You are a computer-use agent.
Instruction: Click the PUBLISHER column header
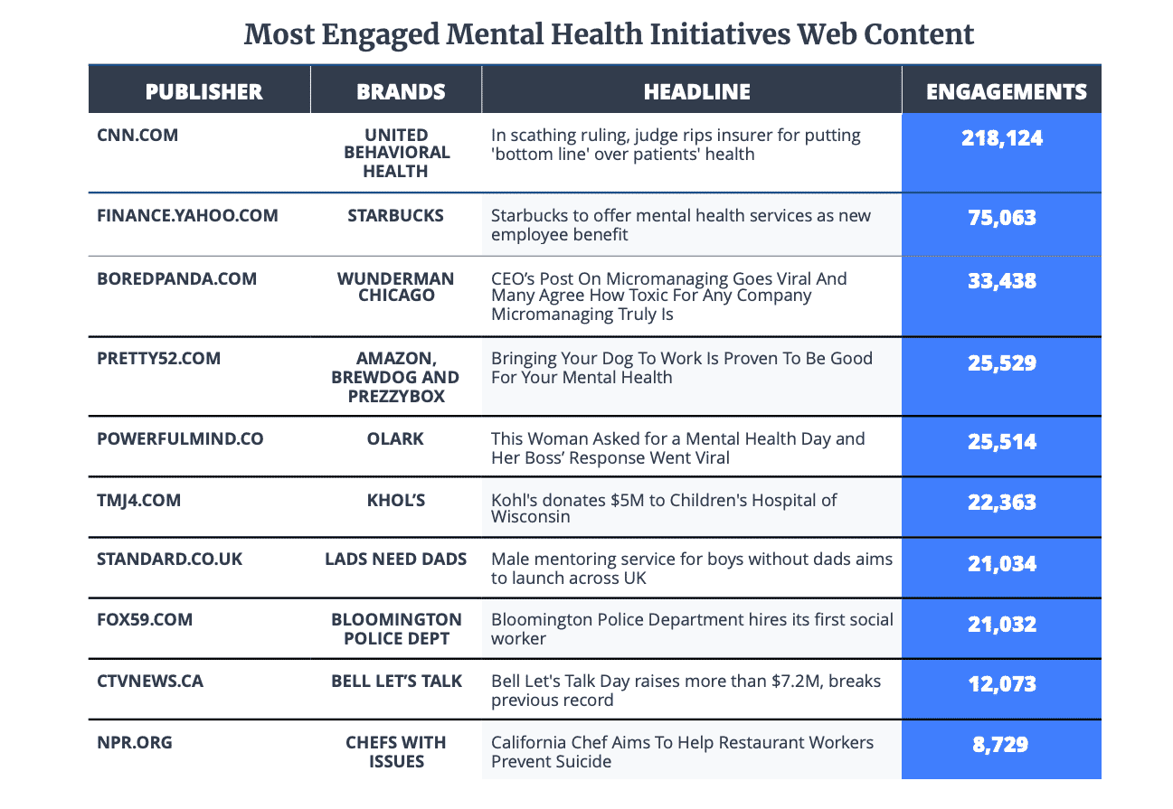(x=203, y=91)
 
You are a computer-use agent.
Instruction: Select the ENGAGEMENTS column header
(x=1006, y=91)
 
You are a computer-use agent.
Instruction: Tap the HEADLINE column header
(x=696, y=91)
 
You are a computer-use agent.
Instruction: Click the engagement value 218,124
(x=1001, y=138)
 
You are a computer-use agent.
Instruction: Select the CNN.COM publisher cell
(x=137, y=136)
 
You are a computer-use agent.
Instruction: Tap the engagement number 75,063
(x=1001, y=218)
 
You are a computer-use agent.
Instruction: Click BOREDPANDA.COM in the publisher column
(x=176, y=278)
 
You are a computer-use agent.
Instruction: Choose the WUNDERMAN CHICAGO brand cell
(x=396, y=287)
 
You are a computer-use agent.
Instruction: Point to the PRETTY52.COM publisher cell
(x=158, y=358)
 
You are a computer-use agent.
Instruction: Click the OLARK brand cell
(x=396, y=438)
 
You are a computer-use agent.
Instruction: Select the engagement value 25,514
(x=1001, y=442)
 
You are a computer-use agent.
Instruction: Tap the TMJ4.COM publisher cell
(x=138, y=500)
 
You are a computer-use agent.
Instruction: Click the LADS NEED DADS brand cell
(x=396, y=559)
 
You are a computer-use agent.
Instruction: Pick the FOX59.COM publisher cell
(x=145, y=619)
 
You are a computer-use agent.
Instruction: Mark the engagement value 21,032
(x=1001, y=625)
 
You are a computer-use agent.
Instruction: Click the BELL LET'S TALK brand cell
(x=396, y=681)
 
